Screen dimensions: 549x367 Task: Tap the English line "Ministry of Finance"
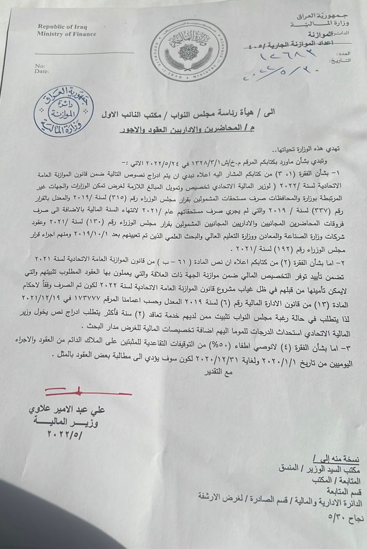(66, 34)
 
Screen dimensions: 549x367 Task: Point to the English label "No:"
(40, 66)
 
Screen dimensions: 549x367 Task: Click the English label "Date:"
(42, 71)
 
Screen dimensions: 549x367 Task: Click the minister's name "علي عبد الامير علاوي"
(67, 410)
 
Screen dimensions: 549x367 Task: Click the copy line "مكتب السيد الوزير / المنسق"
(322, 469)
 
